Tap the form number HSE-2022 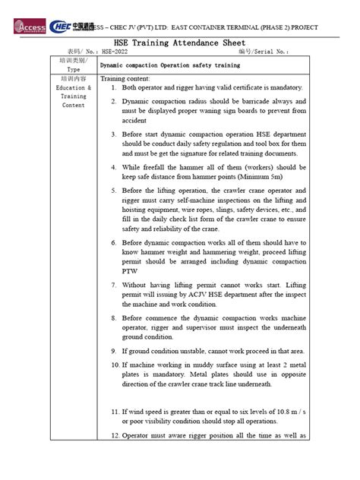point(113,53)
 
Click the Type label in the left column point(73,69)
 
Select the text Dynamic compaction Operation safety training point(169,65)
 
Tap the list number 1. point(112,87)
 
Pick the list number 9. point(112,351)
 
